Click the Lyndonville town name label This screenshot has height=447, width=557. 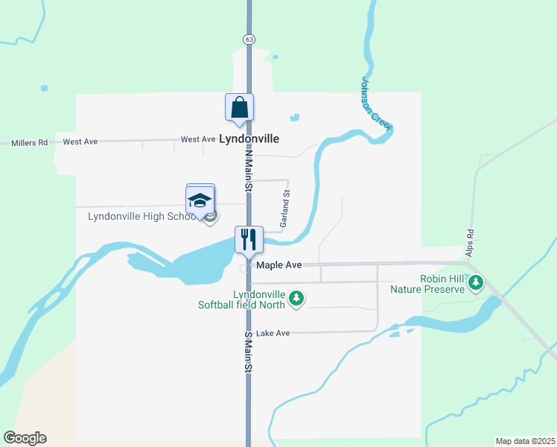(249, 139)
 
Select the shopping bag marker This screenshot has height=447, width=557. (239, 107)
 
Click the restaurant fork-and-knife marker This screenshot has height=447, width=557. (249, 239)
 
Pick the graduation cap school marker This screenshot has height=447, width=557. (200, 200)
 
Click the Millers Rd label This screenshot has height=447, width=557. (29, 142)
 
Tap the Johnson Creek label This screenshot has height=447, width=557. (376, 104)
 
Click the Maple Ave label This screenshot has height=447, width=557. (278, 264)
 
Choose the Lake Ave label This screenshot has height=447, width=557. (272, 333)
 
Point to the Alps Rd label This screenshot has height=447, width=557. (470, 242)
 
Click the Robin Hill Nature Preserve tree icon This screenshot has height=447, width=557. (476, 283)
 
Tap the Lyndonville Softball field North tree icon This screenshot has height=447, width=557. (296, 299)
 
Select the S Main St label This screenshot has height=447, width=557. (249, 353)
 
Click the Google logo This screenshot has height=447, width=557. (25, 438)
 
